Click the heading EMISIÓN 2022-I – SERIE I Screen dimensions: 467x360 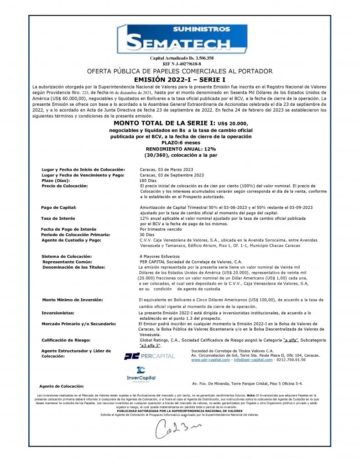(x=180, y=79)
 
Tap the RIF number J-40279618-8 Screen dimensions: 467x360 (x=182, y=64)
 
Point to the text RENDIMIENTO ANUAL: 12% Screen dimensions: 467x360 (x=181, y=149)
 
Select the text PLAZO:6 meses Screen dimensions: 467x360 (x=181, y=143)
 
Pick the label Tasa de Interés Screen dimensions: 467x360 (x=58, y=218)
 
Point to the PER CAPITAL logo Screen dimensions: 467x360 (x=149, y=356)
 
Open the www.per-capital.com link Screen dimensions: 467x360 (x=210, y=360)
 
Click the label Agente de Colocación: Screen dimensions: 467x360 (x=62, y=386)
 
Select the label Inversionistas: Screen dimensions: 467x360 (x=58, y=313)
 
